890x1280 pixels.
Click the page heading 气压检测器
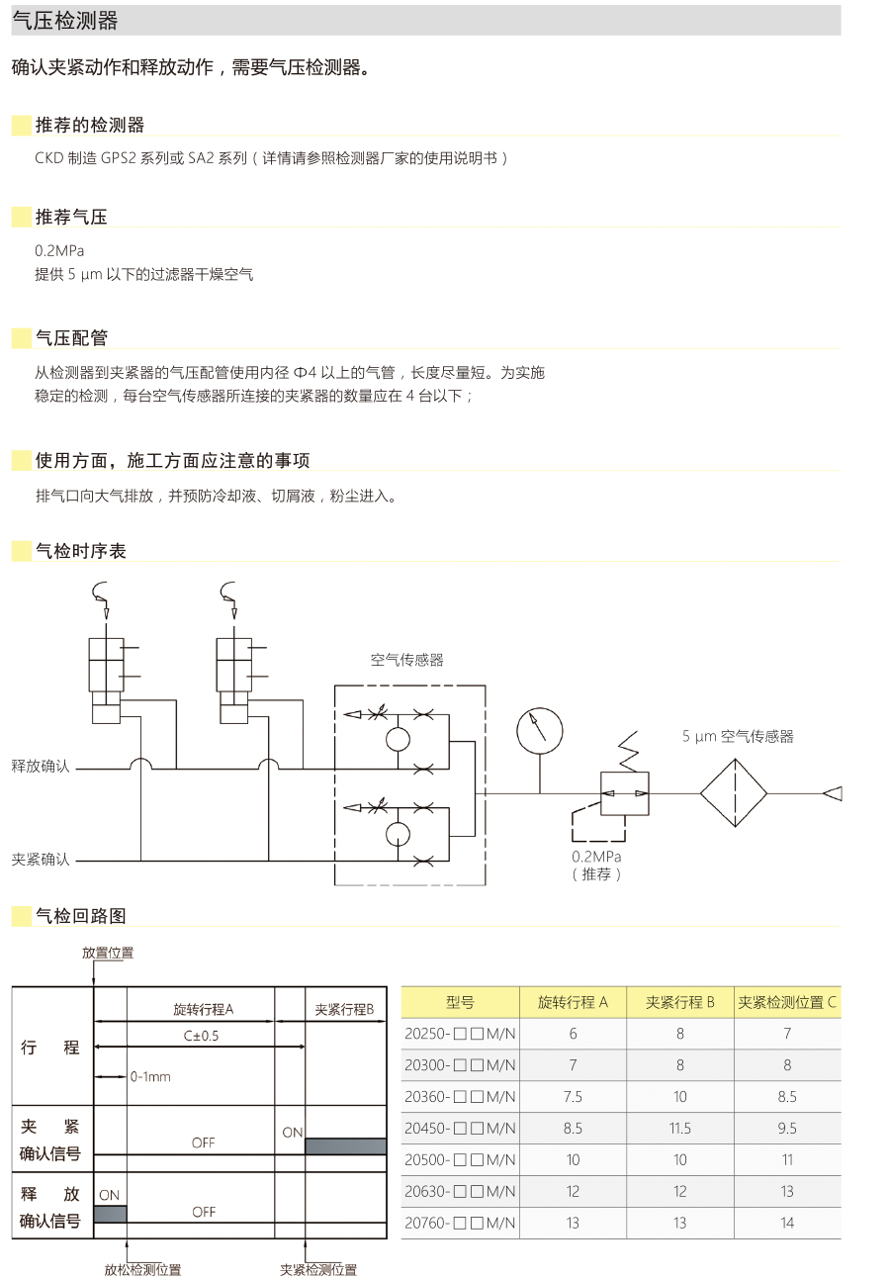(x=65, y=21)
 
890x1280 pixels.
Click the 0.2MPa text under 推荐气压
(x=59, y=251)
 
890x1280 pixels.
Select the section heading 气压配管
(x=71, y=338)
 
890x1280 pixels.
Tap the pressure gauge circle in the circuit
(x=540, y=731)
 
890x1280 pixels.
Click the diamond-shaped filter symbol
(x=734, y=793)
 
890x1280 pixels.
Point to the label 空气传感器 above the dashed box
(x=407, y=660)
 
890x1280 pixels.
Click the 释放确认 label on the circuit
(x=41, y=767)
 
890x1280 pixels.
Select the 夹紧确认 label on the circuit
(x=41, y=860)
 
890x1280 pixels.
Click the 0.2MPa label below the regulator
(x=597, y=857)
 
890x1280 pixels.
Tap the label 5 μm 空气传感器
(x=738, y=736)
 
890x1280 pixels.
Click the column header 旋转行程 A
(x=573, y=1002)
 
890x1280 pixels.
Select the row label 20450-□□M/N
(x=460, y=1128)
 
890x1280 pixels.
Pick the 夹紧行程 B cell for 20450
(x=679, y=1128)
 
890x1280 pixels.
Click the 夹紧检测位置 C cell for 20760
(x=787, y=1223)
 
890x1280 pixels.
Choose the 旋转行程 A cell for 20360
(x=573, y=1096)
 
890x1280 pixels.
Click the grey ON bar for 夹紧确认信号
(x=345, y=1145)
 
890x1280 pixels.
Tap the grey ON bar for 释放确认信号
(x=110, y=1214)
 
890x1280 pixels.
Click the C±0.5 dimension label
(x=201, y=1036)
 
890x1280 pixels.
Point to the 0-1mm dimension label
(x=150, y=1076)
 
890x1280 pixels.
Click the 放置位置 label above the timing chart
(x=108, y=953)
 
